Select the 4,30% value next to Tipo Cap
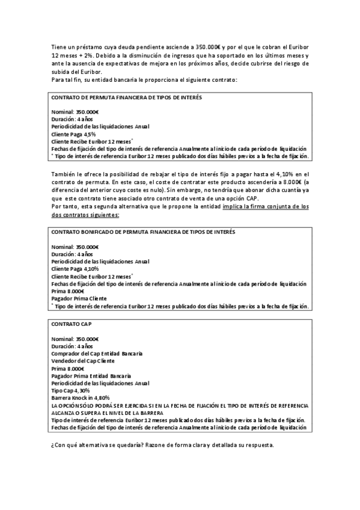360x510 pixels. [x=80, y=390]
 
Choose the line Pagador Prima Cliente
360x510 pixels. [x=79, y=298]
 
